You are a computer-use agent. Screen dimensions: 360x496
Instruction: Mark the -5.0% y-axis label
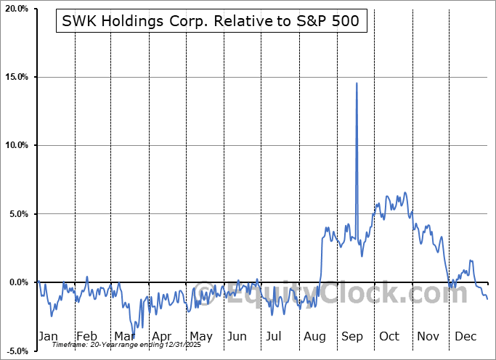point(18,351)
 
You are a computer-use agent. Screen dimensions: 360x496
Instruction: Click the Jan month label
point(48,336)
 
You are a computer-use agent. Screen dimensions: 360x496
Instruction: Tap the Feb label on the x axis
point(86,336)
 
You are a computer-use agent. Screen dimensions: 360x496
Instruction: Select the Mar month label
point(123,336)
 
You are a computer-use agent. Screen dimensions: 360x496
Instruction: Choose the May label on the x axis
point(200,336)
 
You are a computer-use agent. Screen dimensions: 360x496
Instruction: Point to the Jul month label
point(275,336)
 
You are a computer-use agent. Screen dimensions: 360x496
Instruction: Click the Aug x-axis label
point(314,336)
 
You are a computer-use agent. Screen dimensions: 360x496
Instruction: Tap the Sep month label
point(351,336)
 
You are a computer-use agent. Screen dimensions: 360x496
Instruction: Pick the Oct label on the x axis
point(389,336)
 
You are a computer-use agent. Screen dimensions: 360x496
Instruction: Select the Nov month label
point(428,336)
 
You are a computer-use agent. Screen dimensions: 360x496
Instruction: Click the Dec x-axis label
point(465,336)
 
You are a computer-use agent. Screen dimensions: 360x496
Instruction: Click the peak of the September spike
point(356,83)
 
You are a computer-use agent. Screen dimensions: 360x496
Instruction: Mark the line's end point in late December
point(487,299)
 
